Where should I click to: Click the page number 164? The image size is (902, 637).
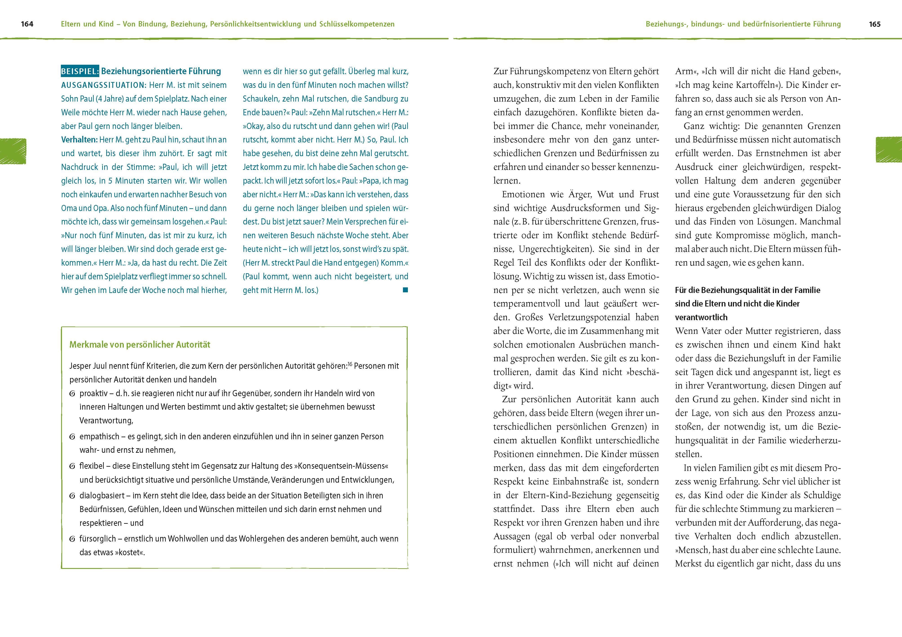(27, 24)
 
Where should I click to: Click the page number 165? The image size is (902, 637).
(875, 24)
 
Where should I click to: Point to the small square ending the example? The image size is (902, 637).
(405, 290)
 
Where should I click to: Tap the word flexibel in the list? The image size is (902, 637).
(92, 466)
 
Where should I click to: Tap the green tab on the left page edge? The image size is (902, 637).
(13, 151)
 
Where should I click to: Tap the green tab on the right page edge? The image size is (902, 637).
(889, 149)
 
